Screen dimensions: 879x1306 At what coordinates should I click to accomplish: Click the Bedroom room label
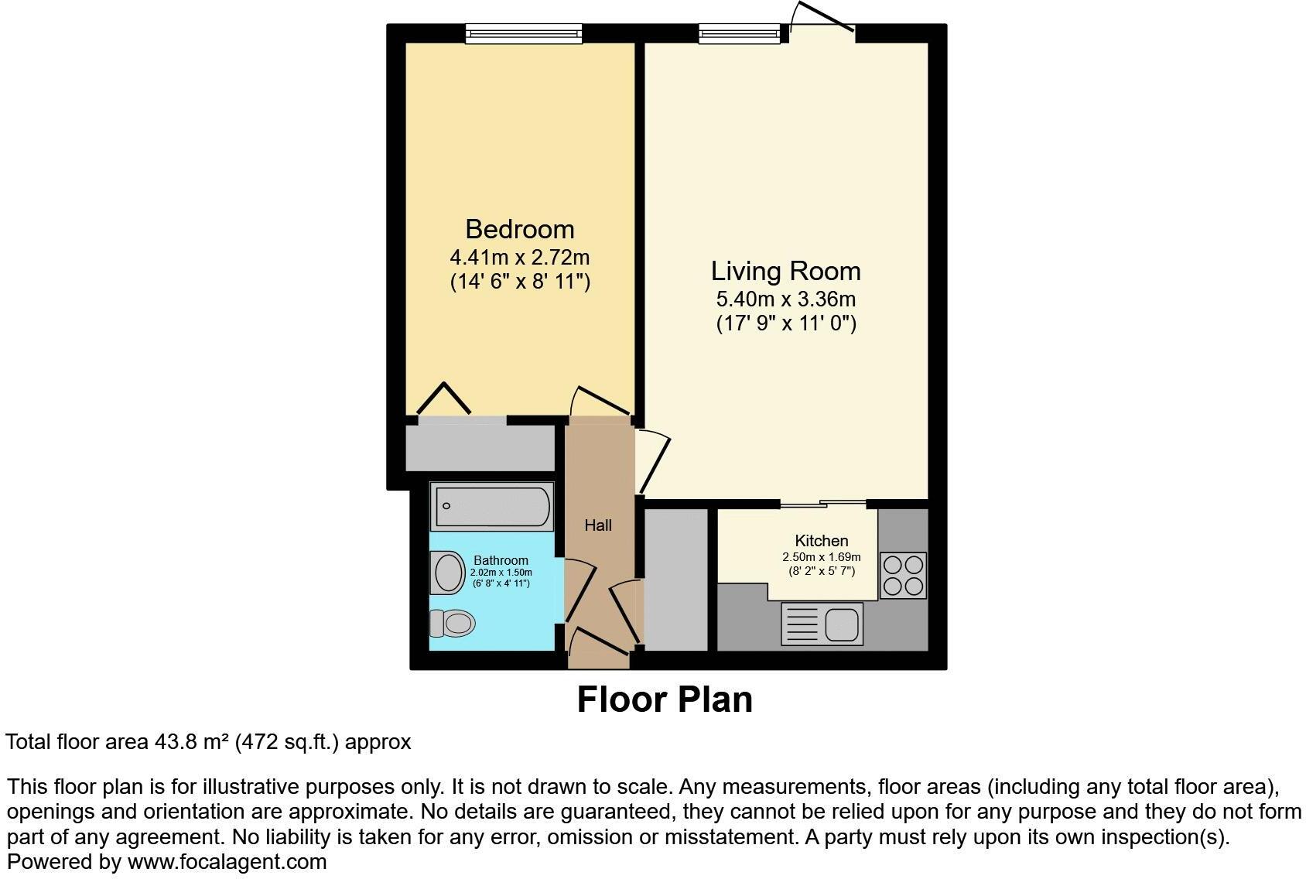(519, 229)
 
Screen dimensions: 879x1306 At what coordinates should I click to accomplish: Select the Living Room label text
(785, 271)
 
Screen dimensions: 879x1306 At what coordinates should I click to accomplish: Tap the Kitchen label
(822, 541)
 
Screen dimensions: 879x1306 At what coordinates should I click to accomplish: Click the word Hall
(598, 525)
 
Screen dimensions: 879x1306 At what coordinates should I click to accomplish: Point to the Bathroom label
(501, 560)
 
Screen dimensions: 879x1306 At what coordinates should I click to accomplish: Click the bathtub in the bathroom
(492, 507)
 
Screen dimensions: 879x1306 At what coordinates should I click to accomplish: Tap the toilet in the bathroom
(452, 622)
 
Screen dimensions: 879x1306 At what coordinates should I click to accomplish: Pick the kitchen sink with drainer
(822, 624)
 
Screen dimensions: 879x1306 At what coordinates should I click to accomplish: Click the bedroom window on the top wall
(524, 33)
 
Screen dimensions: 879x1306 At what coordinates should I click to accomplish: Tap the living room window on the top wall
(740, 33)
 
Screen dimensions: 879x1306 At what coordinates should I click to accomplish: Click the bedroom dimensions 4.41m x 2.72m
(519, 256)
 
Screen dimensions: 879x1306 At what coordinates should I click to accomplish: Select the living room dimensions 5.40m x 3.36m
(785, 298)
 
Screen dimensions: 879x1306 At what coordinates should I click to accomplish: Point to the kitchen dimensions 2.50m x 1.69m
(822, 557)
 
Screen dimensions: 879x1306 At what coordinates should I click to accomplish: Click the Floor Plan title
(665, 699)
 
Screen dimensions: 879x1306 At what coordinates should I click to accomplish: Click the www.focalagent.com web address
(227, 861)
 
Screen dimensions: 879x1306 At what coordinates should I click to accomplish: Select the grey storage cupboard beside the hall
(676, 579)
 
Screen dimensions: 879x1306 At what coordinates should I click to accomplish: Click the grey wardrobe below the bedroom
(480, 448)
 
